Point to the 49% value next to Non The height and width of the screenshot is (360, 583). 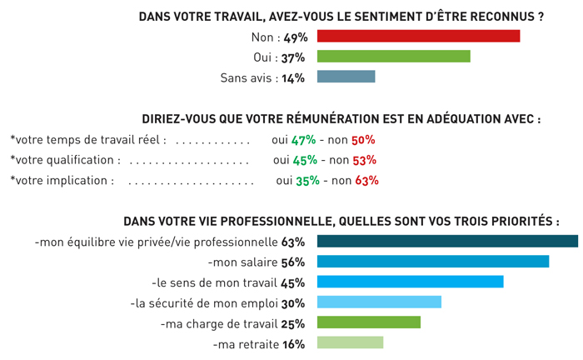tap(296, 37)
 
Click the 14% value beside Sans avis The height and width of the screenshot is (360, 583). tap(293, 77)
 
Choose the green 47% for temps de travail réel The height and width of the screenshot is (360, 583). tap(303, 140)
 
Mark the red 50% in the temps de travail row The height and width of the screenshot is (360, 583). tap(364, 140)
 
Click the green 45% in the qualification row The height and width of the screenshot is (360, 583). tap(305, 160)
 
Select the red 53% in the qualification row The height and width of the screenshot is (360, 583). tap(365, 160)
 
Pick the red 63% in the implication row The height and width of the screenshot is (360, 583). tap(366, 180)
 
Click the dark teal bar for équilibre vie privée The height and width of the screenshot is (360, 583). tap(447, 242)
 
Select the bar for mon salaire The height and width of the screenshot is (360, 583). tap(433, 262)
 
